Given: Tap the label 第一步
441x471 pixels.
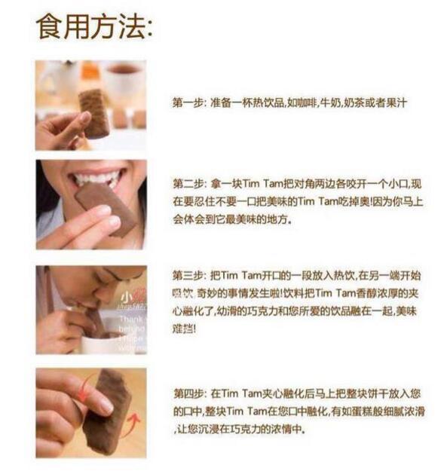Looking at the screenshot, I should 187,102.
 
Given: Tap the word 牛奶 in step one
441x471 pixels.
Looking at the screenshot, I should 326,102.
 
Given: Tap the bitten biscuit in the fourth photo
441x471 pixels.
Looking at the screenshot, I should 106,411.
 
